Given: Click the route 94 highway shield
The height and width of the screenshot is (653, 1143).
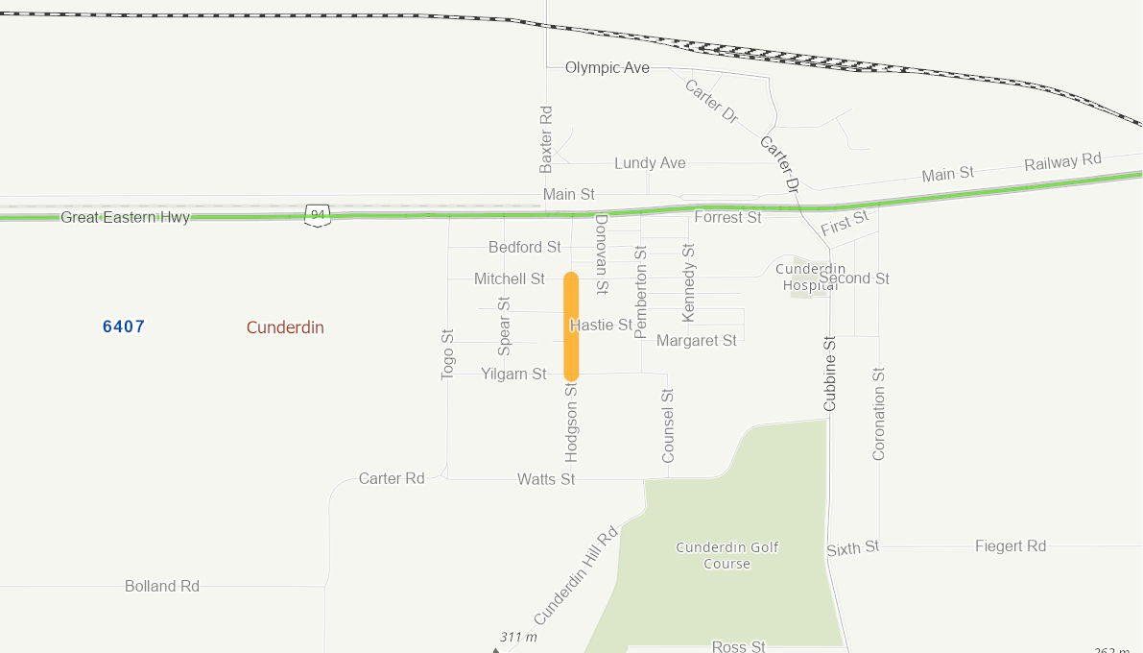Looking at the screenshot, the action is coord(318,215).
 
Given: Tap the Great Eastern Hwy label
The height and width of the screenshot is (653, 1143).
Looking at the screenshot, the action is coord(125,217).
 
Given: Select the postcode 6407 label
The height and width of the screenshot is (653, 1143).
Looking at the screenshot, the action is coord(124,326).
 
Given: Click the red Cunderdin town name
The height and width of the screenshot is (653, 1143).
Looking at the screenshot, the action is coord(285,327).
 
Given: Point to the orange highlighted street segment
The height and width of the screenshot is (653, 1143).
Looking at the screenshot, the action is coord(571,326).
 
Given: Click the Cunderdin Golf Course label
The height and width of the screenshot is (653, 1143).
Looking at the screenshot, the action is coord(727,555).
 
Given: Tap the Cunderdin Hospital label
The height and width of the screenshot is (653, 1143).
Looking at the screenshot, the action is coord(810,277).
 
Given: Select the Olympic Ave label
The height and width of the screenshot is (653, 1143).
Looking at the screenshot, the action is coord(607,67).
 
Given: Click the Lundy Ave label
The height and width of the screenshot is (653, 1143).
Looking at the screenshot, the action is coord(650,163).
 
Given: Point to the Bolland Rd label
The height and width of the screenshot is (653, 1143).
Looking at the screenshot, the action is coord(162,586).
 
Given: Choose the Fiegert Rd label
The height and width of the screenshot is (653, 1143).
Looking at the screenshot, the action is coord(1010,545).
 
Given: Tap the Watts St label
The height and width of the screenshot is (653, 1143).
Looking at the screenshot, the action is coord(546,478).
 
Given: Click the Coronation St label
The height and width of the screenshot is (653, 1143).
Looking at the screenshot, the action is coord(878,413).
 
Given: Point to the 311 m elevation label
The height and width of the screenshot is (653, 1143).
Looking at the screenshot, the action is coord(518,637).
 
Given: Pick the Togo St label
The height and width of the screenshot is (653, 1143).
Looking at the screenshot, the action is coord(447,354).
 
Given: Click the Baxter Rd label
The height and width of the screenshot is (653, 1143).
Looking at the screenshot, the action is coord(546,139).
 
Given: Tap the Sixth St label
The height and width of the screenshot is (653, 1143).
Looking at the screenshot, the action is coord(852,548).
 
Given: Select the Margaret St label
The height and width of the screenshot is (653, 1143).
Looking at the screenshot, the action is coord(697,340).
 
